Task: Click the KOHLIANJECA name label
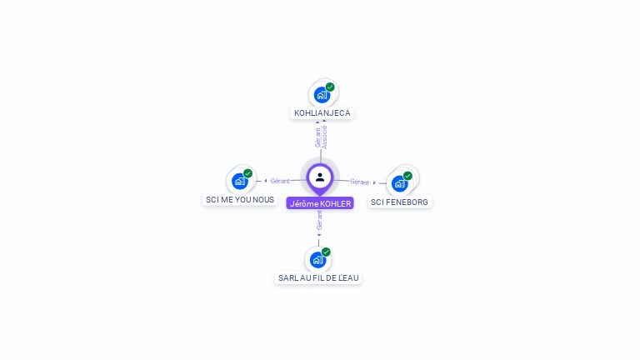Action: [322, 112]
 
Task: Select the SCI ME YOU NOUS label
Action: [240, 200]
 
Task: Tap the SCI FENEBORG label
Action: [400, 202]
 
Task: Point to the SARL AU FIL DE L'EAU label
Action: [318, 277]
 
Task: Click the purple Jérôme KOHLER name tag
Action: [320, 203]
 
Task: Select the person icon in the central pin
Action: [320, 177]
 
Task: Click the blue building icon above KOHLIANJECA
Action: [322, 95]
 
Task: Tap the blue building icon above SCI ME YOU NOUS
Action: [240, 181]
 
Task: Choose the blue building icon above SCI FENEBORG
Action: [400, 183]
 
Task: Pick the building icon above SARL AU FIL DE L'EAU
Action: [317, 259]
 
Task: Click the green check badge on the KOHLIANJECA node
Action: [330, 87]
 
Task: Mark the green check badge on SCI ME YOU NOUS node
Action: [247, 173]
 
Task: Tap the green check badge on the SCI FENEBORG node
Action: [407, 176]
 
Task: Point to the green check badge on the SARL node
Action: [326, 252]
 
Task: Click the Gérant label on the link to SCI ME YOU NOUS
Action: [280, 181]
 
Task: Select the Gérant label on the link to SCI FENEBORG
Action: [359, 182]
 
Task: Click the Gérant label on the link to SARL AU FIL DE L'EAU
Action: [319, 219]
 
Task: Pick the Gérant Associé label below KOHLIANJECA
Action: [321, 137]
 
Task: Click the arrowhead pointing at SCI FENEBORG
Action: [375, 182]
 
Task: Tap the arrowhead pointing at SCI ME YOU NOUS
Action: [266, 181]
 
